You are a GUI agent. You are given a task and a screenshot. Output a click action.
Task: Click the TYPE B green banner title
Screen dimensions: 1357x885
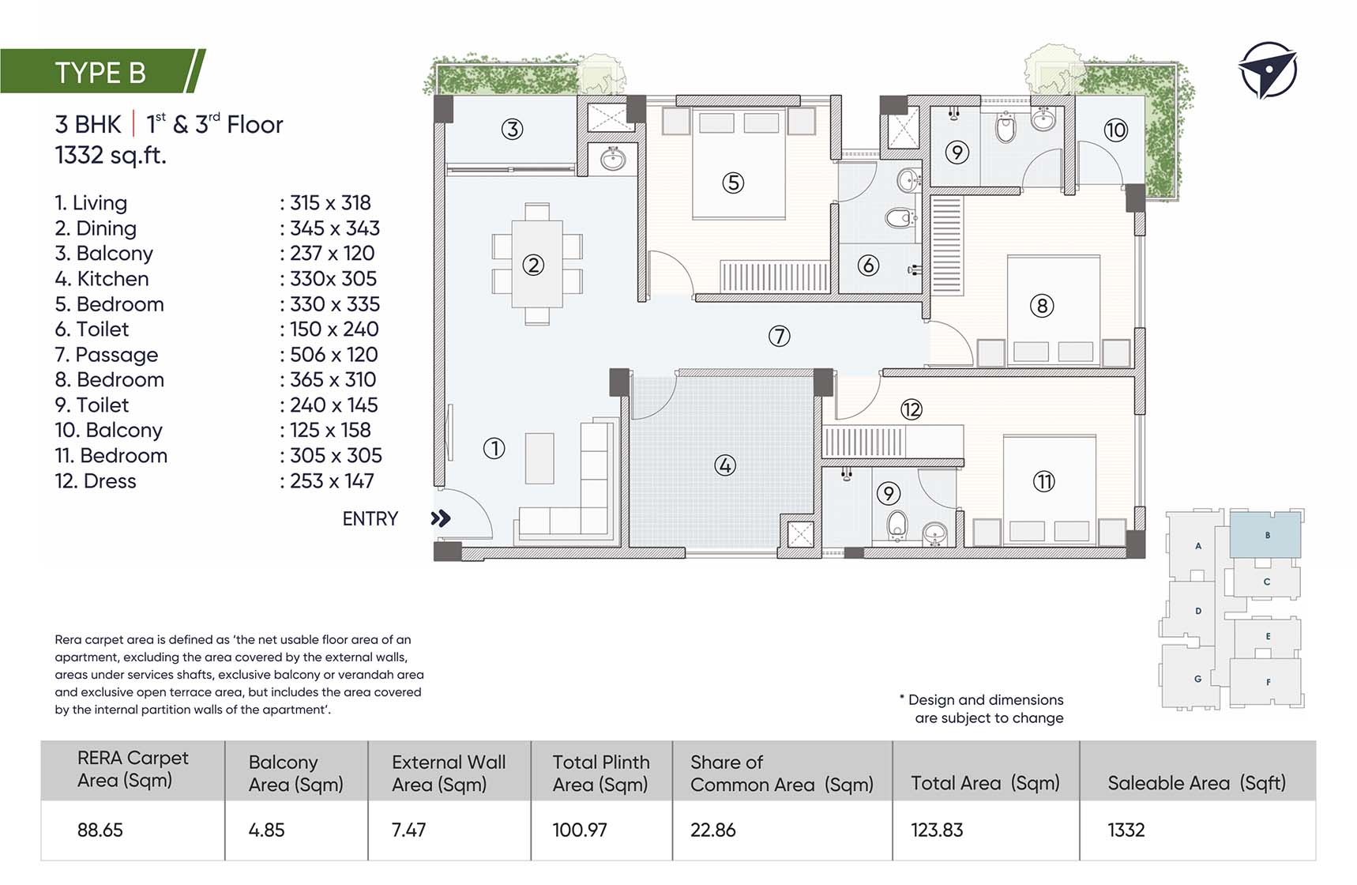point(100,73)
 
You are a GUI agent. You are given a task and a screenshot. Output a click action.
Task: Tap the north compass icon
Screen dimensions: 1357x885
point(1267,70)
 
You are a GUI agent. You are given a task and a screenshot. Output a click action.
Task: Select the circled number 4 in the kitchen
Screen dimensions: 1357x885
point(725,465)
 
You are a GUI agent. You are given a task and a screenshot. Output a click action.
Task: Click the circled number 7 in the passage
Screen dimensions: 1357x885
point(780,337)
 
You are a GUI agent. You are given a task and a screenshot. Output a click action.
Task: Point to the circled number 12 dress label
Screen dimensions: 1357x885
point(912,409)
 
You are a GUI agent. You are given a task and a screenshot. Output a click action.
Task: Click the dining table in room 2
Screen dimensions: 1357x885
point(537,264)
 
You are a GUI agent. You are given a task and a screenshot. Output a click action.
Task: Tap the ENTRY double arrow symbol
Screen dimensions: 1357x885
point(441,518)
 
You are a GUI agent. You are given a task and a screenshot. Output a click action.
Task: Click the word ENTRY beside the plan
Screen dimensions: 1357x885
point(370,518)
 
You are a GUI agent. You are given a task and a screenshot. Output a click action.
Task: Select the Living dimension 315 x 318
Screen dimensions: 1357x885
point(330,203)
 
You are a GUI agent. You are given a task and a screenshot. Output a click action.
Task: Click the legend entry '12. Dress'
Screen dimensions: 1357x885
point(96,481)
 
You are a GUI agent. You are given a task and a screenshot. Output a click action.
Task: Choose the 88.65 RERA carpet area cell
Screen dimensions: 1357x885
point(100,830)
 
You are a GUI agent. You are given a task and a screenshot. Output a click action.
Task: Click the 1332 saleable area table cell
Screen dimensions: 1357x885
point(1126,830)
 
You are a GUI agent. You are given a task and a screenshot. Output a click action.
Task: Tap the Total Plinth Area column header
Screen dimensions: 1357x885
point(601,773)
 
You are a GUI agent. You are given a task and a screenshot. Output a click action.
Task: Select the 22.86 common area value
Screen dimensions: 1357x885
point(713,830)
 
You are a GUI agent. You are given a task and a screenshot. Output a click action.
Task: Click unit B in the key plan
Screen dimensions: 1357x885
point(1266,535)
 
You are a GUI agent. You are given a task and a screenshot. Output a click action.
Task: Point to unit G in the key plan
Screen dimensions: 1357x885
point(1197,678)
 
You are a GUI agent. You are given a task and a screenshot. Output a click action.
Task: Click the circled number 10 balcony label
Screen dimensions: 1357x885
point(1115,130)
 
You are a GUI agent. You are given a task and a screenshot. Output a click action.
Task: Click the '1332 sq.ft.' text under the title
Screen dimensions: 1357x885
point(111,156)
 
